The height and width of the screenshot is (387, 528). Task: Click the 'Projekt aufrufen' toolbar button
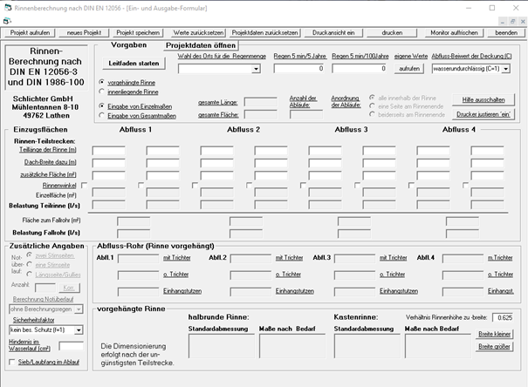[x=31, y=31]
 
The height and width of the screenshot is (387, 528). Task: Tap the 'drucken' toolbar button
[x=392, y=31]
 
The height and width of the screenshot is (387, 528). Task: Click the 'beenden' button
[x=505, y=31]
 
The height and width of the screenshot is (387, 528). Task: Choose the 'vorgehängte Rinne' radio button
[x=101, y=81]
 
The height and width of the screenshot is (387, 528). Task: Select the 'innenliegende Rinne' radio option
[x=101, y=91]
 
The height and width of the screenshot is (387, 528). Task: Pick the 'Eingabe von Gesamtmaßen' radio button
[x=101, y=115]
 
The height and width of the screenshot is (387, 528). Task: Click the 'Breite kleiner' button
[x=495, y=334]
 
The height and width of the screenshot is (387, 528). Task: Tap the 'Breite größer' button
[x=495, y=346]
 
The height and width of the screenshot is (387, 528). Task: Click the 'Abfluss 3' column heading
[x=353, y=130]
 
